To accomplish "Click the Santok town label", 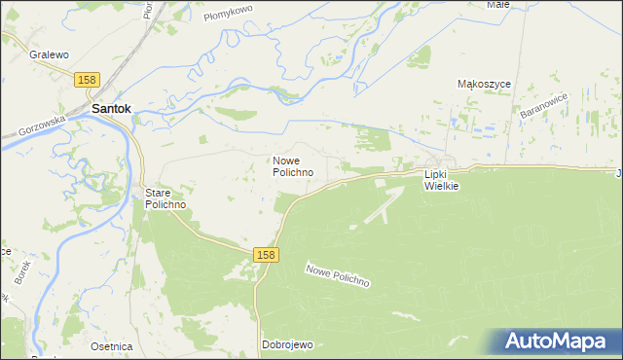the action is (x=112, y=110).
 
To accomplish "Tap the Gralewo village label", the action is (x=47, y=55).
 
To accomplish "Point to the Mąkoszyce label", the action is (x=484, y=85).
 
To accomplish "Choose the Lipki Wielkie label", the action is (x=441, y=180).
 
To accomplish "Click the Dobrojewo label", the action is (x=286, y=344).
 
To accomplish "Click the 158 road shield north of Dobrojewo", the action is (x=267, y=254).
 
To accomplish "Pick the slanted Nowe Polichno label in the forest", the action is (x=338, y=275).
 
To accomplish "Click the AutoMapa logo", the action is (x=558, y=341).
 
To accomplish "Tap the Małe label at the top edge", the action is (x=498, y=5).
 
